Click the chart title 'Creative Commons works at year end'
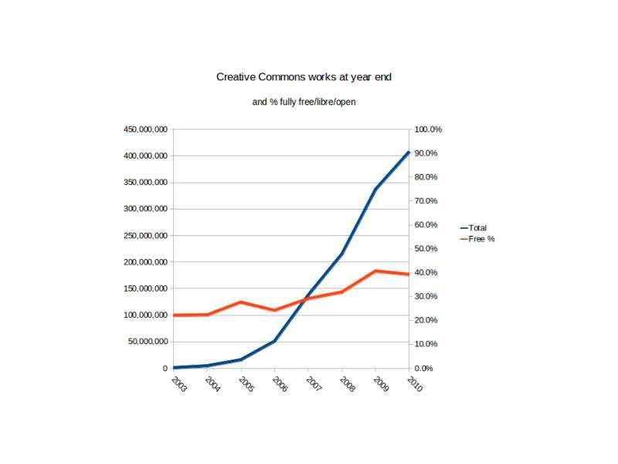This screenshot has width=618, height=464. pyautogui.click(x=309, y=77)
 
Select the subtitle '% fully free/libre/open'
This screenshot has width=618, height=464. pyautogui.click(x=309, y=102)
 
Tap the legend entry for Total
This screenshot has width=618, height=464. pyautogui.click(x=477, y=228)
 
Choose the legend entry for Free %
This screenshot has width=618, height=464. pyautogui.click(x=481, y=239)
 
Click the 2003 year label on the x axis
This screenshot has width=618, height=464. pyautogui.click(x=178, y=384)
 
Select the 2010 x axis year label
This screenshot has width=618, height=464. pyautogui.click(x=414, y=384)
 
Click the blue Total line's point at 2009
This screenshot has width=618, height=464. pyautogui.click(x=375, y=189)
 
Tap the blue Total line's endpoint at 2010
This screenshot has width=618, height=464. pyautogui.click(x=409, y=153)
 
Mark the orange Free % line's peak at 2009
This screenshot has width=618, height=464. pyautogui.click(x=375, y=271)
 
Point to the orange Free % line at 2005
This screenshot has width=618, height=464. pyautogui.click(x=241, y=302)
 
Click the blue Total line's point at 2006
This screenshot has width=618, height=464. pyautogui.click(x=274, y=341)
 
